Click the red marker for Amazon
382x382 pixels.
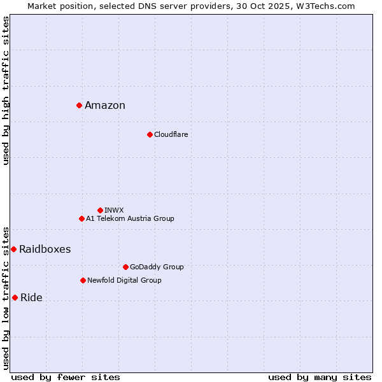pyautogui.click(x=79, y=105)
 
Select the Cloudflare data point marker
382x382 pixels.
pyautogui.click(x=150, y=134)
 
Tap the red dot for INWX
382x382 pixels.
pyautogui.click(x=100, y=210)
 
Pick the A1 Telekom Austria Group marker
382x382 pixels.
pyautogui.click(x=81, y=218)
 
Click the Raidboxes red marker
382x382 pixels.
pyautogui.click(x=13, y=249)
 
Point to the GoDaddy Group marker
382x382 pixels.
pyautogui.click(x=125, y=267)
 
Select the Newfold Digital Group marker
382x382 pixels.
pyautogui.click(x=83, y=280)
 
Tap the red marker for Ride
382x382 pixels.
pyautogui.click(x=15, y=297)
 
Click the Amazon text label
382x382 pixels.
pyautogui.click(x=105, y=106)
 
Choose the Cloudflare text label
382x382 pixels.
pyautogui.click(x=171, y=134)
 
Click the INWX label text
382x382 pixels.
pyautogui.click(x=114, y=210)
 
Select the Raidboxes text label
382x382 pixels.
pyautogui.click(x=45, y=250)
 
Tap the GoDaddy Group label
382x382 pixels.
pyautogui.click(x=157, y=267)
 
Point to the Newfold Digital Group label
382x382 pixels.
pyautogui.click(x=124, y=280)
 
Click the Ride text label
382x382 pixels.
pyautogui.click(x=31, y=298)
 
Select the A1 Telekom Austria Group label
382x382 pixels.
pyautogui.click(x=130, y=218)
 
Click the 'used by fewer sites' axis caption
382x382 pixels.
pyautogui.click(x=66, y=377)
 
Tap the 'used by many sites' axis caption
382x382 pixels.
pyautogui.click(x=320, y=377)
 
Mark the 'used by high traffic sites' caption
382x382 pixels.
pyautogui.click(x=6, y=90)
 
